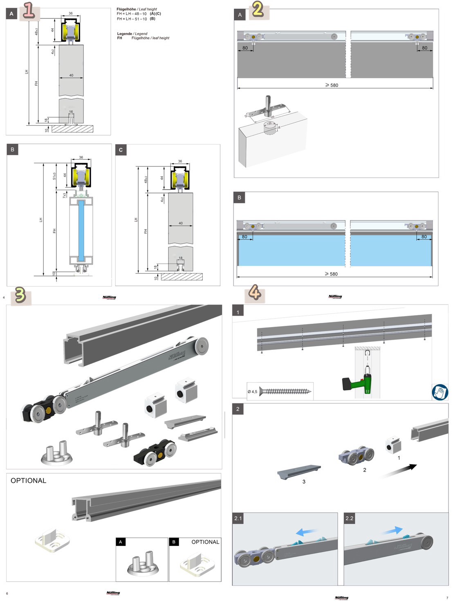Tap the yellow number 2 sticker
(x=258, y=9)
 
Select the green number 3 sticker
(x=20, y=295)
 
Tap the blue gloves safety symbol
(x=440, y=392)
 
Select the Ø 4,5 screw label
(x=252, y=392)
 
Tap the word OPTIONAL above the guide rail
(x=29, y=481)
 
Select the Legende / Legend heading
(x=132, y=34)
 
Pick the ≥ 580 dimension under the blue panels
(x=331, y=274)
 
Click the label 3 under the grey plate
(x=304, y=482)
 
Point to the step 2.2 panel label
(x=349, y=518)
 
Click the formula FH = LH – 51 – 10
(x=132, y=19)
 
